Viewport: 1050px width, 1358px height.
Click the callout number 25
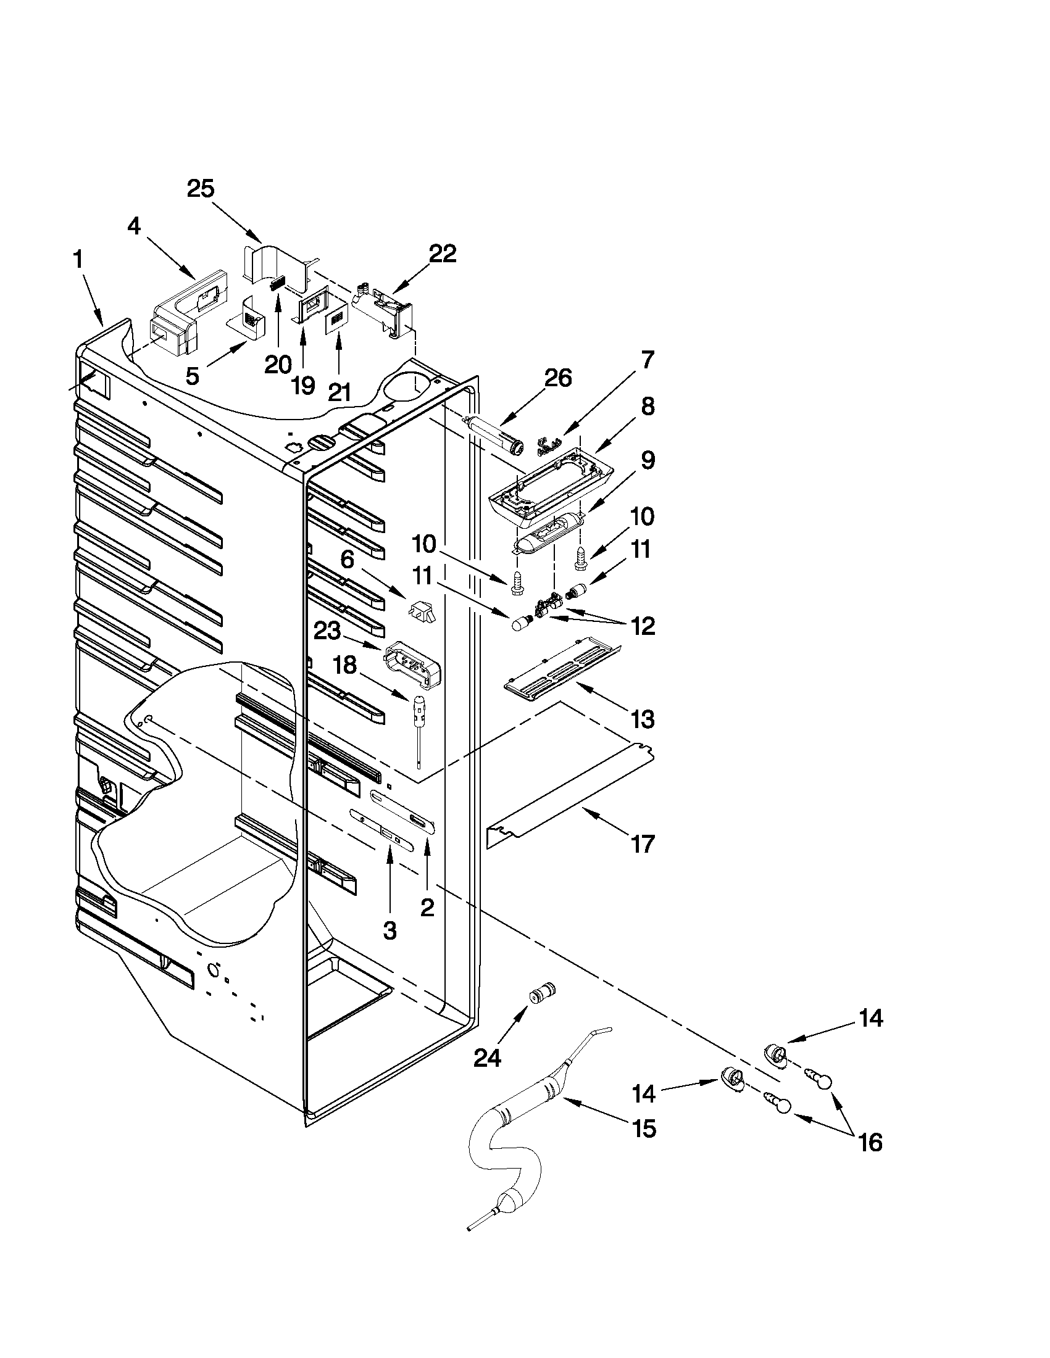(x=201, y=189)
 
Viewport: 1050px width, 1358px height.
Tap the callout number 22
(x=442, y=254)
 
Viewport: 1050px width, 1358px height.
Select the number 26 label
(x=557, y=378)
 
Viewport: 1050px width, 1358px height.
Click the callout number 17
(x=643, y=845)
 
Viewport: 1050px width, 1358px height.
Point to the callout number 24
(x=487, y=1057)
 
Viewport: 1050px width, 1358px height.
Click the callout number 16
(x=870, y=1142)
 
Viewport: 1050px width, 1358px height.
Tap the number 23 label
(x=327, y=632)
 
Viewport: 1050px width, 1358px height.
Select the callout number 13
(x=643, y=720)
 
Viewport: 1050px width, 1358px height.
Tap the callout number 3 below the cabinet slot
(x=390, y=931)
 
